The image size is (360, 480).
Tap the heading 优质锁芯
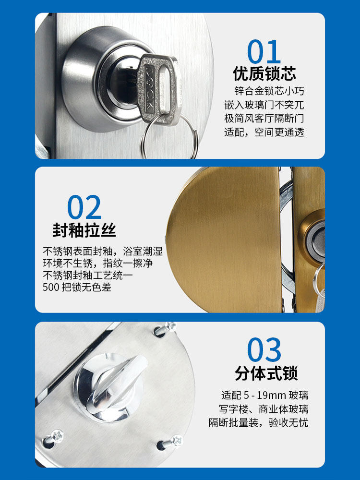click(x=264, y=74)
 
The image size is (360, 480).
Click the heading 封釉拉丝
click(x=84, y=230)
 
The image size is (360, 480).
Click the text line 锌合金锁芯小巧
click(x=269, y=91)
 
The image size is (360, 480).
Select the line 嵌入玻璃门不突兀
click(x=264, y=105)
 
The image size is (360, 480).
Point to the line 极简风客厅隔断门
click(x=264, y=118)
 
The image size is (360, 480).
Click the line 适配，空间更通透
click(x=264, y=132)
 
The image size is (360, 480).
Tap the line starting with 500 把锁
click(x=77, y=288)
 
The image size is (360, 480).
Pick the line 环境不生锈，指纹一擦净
click(x=102, y=264)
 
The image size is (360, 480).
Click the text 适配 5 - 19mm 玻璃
click(x=264, y=396)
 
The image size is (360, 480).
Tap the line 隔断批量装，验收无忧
click(x=258, y=423)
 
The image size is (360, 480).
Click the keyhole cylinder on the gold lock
click(x=317, y=240)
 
